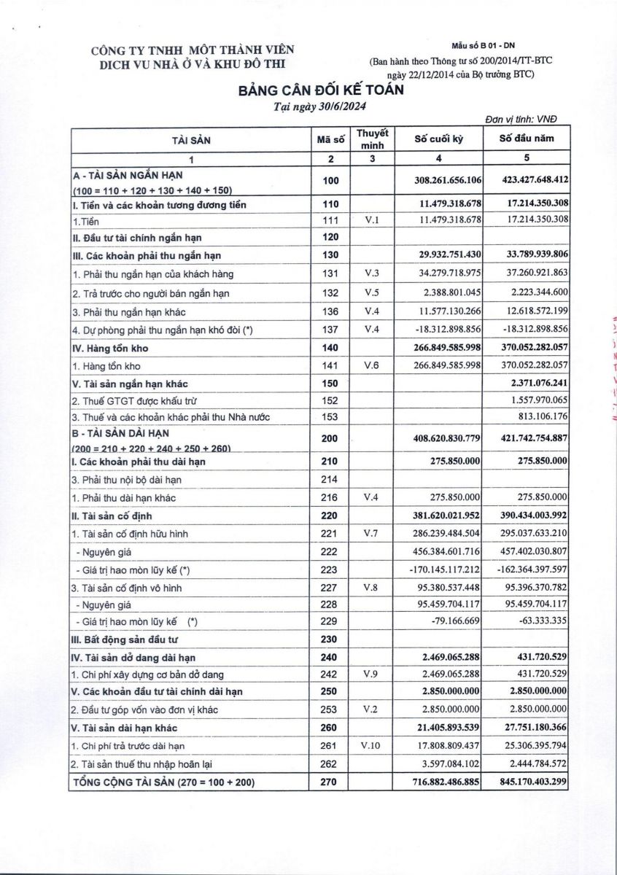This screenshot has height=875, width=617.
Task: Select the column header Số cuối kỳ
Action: (x=438, y=139)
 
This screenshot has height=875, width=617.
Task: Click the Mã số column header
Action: (x=330, y=139)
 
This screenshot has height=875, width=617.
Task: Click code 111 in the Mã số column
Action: (x=330, y=219)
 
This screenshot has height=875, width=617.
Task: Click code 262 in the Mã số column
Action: (x=330, y=763)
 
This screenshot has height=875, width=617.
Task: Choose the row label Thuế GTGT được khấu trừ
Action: (x=134, y=400)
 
